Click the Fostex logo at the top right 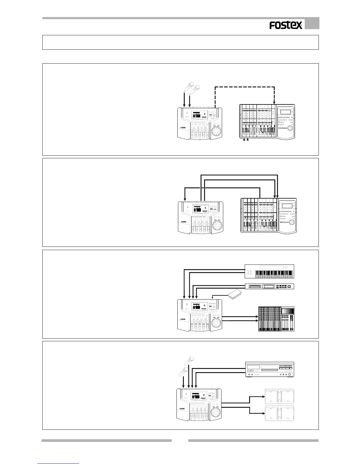286,26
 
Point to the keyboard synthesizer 269,271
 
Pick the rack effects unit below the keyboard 269,286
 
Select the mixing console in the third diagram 276,319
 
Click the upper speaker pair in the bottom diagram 279,396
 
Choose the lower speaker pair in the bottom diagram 279,413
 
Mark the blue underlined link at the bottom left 59,464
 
